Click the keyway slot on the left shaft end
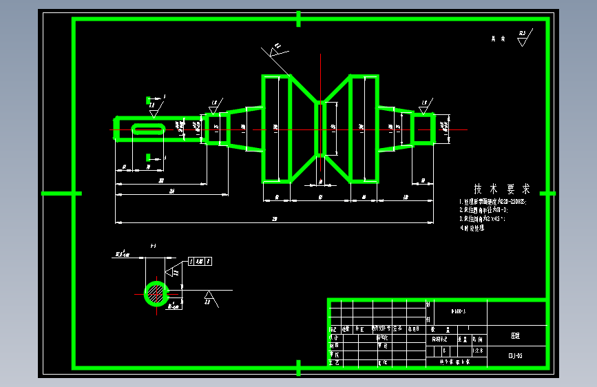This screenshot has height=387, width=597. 148,129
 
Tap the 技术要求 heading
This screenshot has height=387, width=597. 501,189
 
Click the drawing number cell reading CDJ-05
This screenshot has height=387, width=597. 516,355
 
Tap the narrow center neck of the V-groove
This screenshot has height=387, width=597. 320,128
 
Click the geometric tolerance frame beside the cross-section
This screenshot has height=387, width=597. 200,261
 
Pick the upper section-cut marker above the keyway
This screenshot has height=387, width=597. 149,100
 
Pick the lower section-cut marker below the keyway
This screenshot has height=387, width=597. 149,158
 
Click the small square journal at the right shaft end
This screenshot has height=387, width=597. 423,128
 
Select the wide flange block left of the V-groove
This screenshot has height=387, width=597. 275,129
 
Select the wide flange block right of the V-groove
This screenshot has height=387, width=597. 364,129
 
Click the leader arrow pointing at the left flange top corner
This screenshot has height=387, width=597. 274,52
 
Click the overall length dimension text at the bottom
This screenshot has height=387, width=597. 275,219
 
